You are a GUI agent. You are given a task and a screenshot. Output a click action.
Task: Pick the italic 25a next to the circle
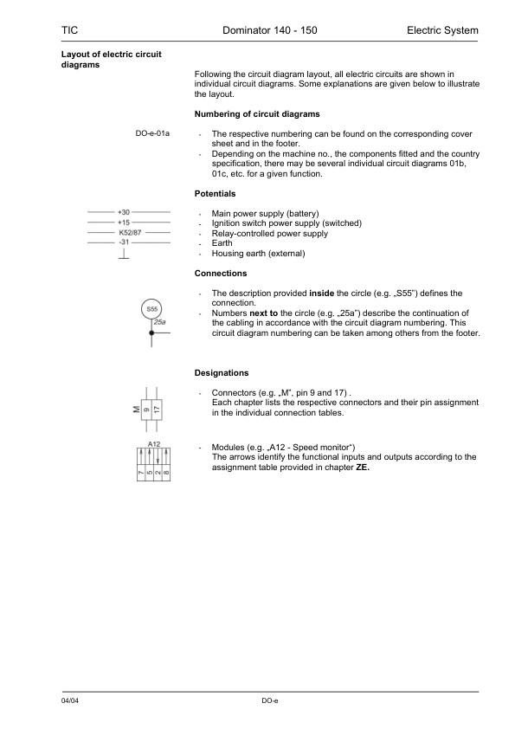coord(159,323)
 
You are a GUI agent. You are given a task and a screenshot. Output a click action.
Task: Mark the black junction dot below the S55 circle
coord(151,332)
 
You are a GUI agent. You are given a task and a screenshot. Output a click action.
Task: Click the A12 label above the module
coord(154,444)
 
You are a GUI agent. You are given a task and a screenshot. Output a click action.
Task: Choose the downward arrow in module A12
coord(158,456)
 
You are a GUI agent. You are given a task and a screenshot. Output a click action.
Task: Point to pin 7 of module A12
coord(140,472)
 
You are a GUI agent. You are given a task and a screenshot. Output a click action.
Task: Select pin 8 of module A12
coord(166,472)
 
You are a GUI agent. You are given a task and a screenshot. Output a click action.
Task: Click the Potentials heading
coord(215,194)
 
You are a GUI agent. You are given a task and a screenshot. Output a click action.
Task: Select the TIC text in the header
coord(70,30)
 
